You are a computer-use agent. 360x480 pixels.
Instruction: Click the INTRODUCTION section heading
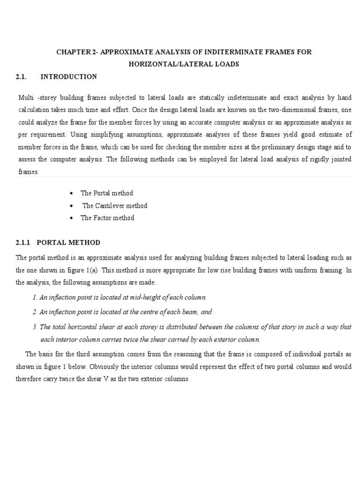pos(69,76)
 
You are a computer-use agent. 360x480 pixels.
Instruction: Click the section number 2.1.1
pos(23,242)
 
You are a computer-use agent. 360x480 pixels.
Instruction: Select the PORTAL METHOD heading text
pos(68,242)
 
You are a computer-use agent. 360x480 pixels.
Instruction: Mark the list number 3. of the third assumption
pos(35,327)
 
